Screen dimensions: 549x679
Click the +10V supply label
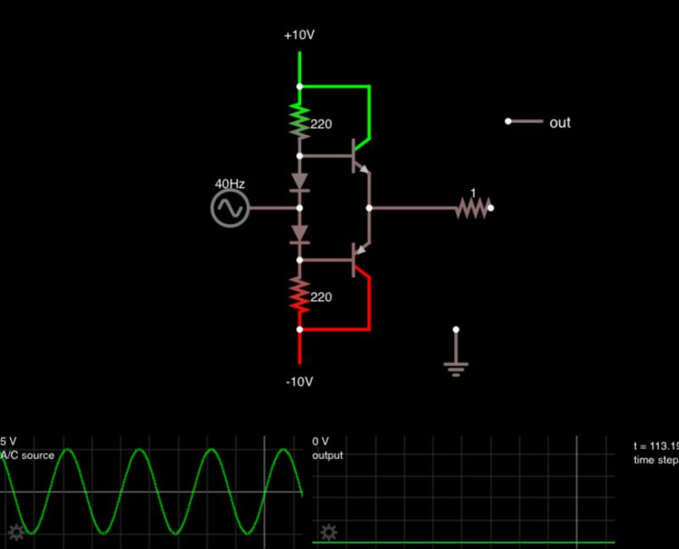pos(300,36)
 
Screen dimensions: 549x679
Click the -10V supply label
pos(300,381)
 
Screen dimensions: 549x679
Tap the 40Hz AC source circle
pos(229,208)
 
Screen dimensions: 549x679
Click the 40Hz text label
pos(229,183)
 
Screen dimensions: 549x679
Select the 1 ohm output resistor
pos(473,208)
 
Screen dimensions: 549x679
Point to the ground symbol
pos(457,365)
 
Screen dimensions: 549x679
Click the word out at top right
pos(560,123)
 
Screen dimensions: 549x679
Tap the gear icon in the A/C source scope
pos(15,533)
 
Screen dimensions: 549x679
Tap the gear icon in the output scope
pos(328,532)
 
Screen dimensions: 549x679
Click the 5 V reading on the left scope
pos(8,441)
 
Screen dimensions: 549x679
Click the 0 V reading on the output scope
pos(321,441)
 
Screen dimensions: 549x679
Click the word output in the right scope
pos(328,456)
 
